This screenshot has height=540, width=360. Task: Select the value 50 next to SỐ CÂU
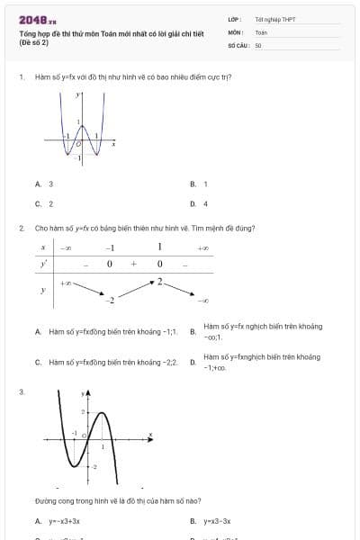258,43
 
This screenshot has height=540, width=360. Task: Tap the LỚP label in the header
234,18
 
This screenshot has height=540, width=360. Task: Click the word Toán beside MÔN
261,31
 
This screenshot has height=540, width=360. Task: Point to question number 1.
21,77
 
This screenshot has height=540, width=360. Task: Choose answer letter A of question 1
38,184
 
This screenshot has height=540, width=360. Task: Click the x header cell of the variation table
43,247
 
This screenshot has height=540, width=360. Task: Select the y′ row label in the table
43,265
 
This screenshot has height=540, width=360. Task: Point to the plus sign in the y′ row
133,265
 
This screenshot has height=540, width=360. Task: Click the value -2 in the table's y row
111,298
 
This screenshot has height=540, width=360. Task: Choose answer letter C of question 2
38,362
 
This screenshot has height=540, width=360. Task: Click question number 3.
21,391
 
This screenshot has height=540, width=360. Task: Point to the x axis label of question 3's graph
149,435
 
